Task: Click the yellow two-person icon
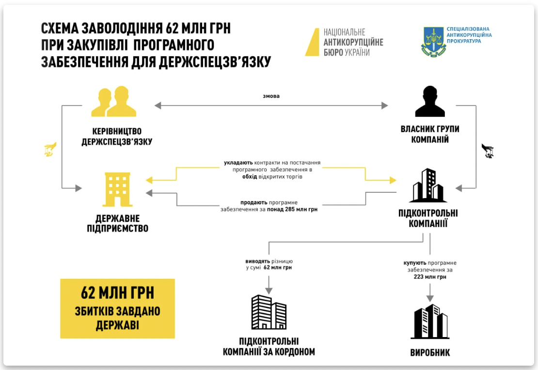[114, 102]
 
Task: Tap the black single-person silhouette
[430, 101]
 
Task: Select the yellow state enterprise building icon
[117, 189]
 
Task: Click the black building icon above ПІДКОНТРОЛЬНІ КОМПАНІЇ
[428, 185]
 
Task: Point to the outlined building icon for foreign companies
[269, 312]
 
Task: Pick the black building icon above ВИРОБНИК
[430, 321]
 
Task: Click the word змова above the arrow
[271, 96]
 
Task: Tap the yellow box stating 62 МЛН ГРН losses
[117, 308]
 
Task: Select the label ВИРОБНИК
[430, 353]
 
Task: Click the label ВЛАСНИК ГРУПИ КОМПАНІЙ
[430, 134]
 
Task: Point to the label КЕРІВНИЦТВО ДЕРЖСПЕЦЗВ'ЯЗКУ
[117, 137]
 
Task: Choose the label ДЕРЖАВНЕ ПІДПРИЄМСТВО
[117, 223]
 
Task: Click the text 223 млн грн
[430, 277]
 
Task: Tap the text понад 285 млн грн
[292, 209]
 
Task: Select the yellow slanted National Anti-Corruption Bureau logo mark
[312, 42]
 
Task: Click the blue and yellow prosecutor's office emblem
[434, 42]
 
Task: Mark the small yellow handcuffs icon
[50, 150]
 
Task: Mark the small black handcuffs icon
[488, 151]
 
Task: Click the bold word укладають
[238, 163]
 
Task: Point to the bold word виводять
[258, 262]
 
